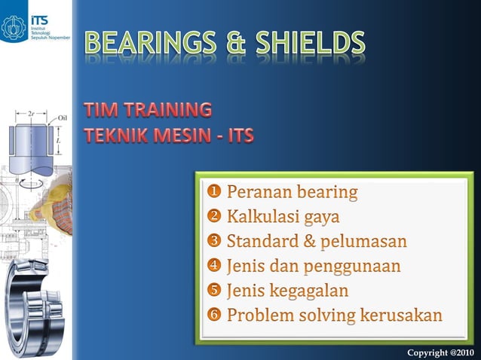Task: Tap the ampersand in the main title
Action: coord(229,45)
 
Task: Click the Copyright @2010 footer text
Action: coord(440,352)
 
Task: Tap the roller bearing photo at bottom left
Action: coord(34,301)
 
